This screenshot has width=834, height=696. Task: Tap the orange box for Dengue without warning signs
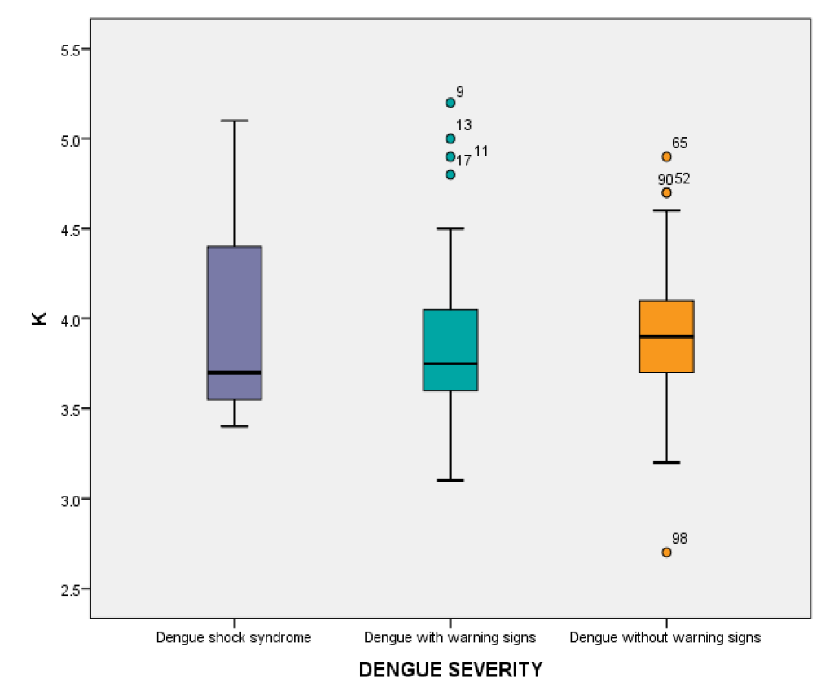[x=666, y=336]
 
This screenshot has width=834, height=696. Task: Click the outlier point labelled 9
[x=450, y=103]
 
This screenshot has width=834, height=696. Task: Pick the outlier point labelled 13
[x=450, y=139]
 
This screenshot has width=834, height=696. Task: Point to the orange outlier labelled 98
[x=666, y=552]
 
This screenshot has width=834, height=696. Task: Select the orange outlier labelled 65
[x=666, y=156]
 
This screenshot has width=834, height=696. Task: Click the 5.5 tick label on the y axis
[x=72, y=50]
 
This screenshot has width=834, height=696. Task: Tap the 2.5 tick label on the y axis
[x=72, y=588]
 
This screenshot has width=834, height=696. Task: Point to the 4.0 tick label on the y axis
[x=72, y=319]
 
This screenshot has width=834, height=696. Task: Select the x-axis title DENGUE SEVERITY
[x=450, y=670]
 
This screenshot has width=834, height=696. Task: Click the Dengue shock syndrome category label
[x=234, y=637]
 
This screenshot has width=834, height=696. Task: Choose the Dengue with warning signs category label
[x=450, y=637]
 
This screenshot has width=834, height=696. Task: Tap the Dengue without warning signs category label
[x=665, y=637]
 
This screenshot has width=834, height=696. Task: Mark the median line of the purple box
[x=234, y=372]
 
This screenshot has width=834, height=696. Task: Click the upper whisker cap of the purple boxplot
[x=234, y=121]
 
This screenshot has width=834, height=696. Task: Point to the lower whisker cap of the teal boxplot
[x=450, y=480]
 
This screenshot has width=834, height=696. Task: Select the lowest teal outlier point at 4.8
[x=450, y=174]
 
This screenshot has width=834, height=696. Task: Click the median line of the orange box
[x=666, y=336]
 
